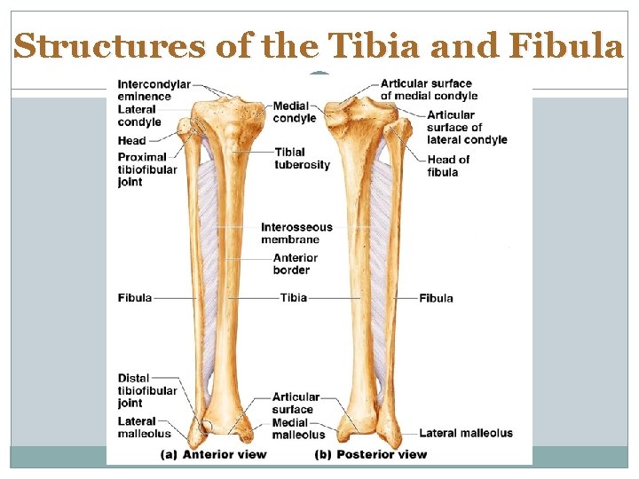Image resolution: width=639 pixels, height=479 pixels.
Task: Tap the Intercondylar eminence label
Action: [x=154, y=90]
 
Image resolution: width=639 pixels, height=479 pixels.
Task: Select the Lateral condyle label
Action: [x=139, y=116]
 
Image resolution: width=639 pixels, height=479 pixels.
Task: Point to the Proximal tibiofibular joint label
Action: [x=147, y=169]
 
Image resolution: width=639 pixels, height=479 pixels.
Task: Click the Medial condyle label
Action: [x=295, y=113]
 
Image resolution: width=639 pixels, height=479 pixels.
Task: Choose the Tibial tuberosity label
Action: [x=302, y=158]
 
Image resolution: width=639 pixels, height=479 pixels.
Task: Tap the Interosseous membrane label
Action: [x=296, y=233]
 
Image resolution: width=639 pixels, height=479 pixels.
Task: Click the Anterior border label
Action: [x=296, y=263]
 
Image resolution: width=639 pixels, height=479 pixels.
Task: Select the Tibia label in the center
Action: [x=294, y=298]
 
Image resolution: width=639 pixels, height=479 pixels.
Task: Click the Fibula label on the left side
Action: [x=134, y=298]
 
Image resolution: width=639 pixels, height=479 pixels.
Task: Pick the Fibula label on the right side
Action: [x=436, y=298]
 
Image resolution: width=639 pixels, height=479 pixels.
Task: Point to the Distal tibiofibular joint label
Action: [x=147, y=391]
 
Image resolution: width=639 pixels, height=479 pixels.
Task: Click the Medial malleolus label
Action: [x=298, y=428]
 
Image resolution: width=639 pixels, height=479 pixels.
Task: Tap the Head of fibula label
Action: [x=448, y=166]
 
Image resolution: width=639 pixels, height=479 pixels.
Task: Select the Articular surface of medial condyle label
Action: [x=429, y=90]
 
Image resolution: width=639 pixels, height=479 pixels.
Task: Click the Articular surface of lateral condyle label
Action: [x=467, y=127]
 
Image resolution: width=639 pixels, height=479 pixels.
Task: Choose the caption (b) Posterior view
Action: [x=371, y=454]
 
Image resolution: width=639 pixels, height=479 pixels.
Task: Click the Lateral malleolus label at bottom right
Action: [x=465, y=433]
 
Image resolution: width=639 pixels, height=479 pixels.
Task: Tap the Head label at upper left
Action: [x=132, y=141]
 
